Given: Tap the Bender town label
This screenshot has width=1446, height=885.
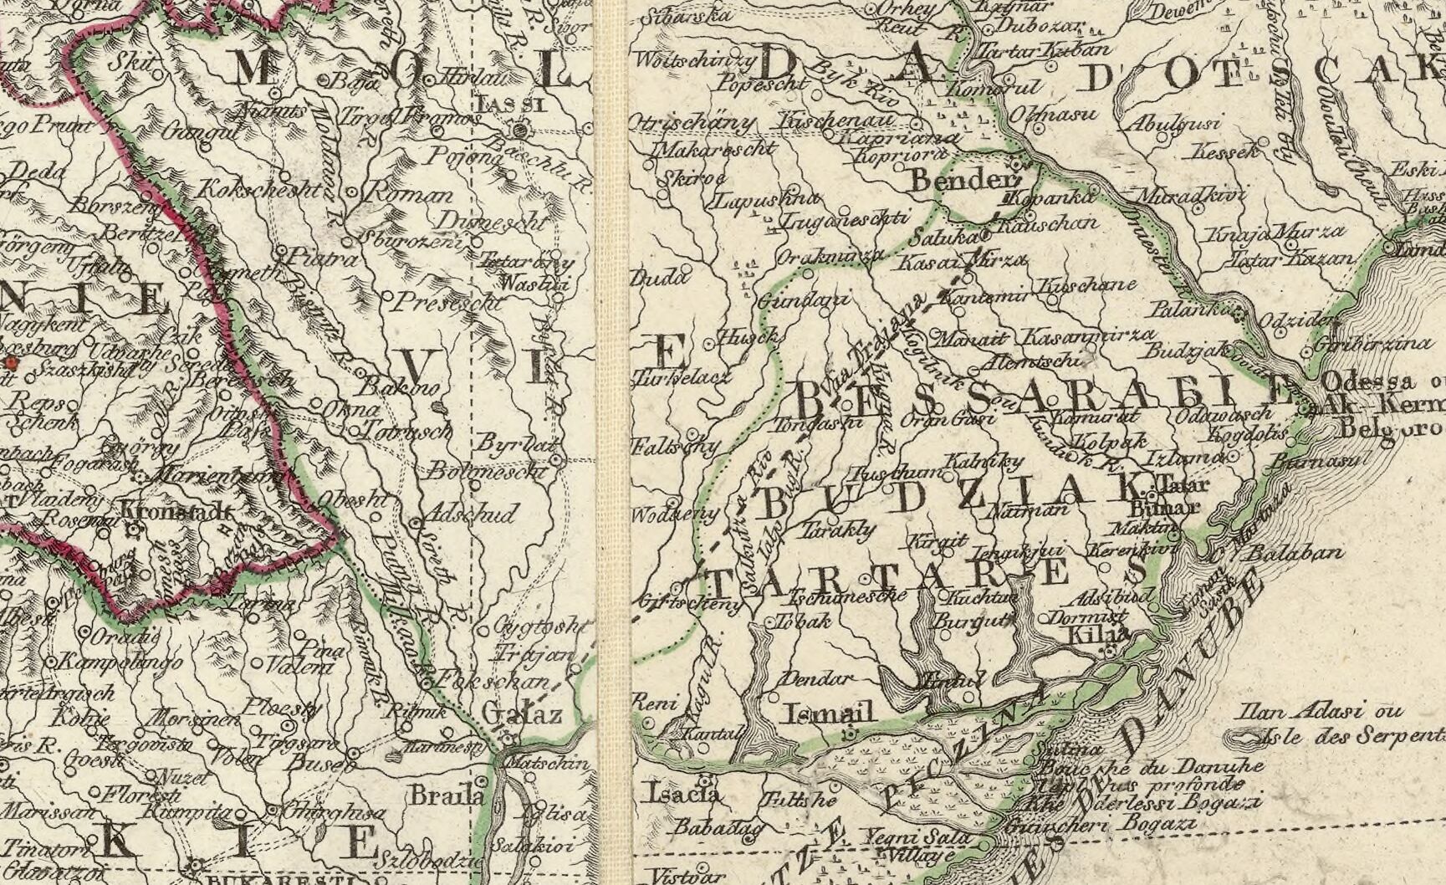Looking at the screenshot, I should tap(954, 180).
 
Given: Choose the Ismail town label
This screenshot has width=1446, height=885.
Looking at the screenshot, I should tap(830, 714).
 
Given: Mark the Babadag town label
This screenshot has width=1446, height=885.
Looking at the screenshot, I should tap(718, 828).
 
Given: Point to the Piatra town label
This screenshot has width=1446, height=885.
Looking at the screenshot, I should tap(321, 258).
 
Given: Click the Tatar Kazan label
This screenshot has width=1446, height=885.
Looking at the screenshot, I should tap(1290, 259).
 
